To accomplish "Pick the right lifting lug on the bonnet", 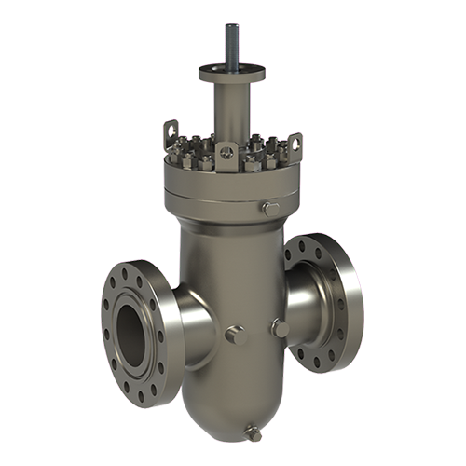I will click(x=295, y=143).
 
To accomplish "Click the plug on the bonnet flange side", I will click(x=270, y=208).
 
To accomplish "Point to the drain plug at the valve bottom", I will click(x=250, y=432).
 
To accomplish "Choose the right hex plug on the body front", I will click(x=277, y=325).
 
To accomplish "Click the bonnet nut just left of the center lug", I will click(x=212, y=155).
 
